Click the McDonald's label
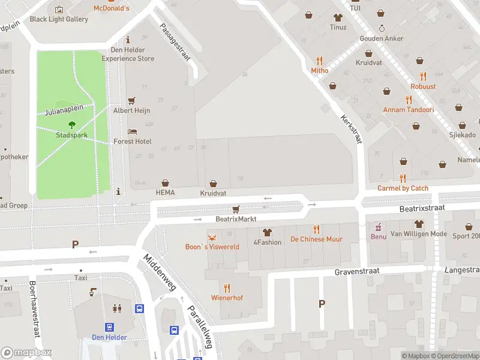tap(111, 8)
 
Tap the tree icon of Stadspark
tap(72, 125)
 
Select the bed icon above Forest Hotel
tap(133, 131)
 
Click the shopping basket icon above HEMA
tap(165, 182)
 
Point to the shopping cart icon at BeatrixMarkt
tap(236, 209)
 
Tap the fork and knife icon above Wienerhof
tap(227, 288)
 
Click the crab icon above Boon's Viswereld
tap(211, 236)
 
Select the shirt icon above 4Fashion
tap(267, 232)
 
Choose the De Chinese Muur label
tap(316, 239)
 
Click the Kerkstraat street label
tap(352, 128)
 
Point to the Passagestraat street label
tap(175, 42)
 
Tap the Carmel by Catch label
tap(403, 188)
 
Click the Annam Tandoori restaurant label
tap(409, 110)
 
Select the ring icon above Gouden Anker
tap(382, 28)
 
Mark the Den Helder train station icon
tap(110, 327)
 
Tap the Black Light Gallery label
tap(59, 19)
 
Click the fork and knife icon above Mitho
tap(319, 61)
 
